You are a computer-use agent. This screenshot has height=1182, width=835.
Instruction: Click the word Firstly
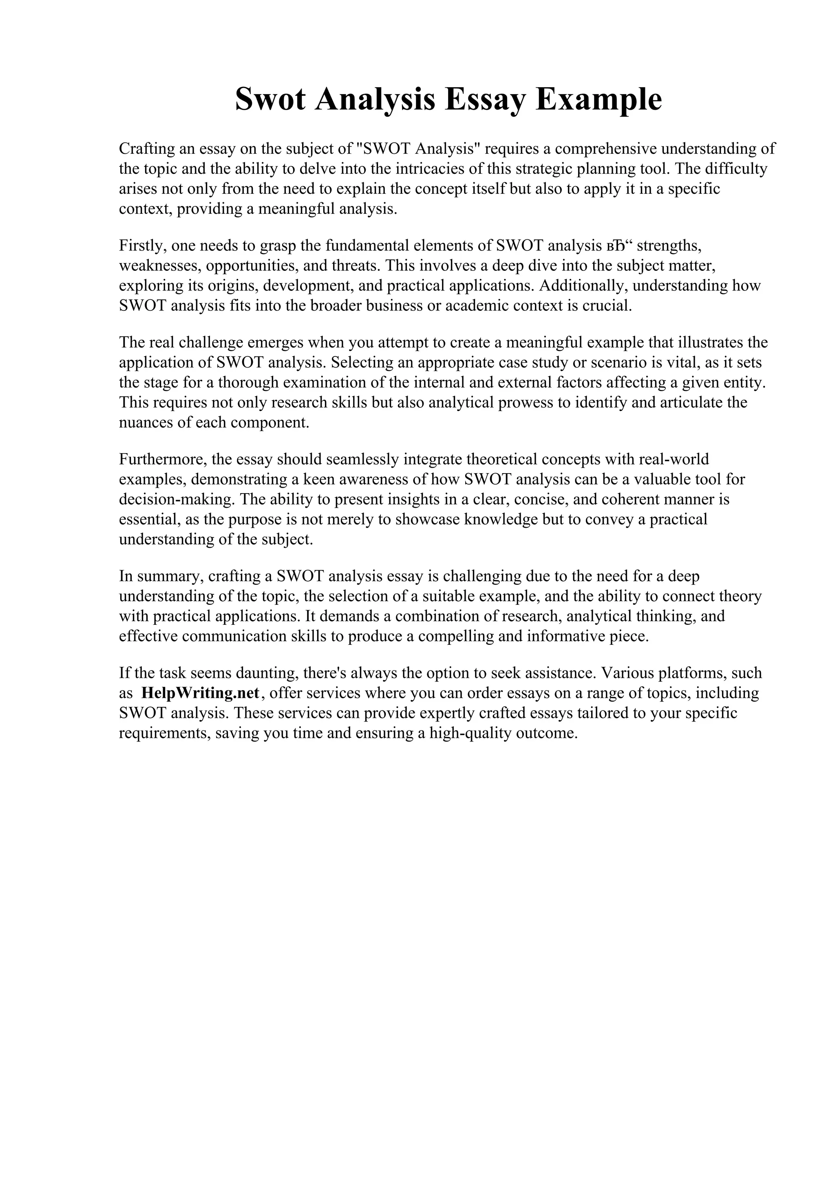click(x=140, y=246)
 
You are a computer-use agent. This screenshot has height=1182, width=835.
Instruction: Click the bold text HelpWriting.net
click(x=200, y=693)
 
